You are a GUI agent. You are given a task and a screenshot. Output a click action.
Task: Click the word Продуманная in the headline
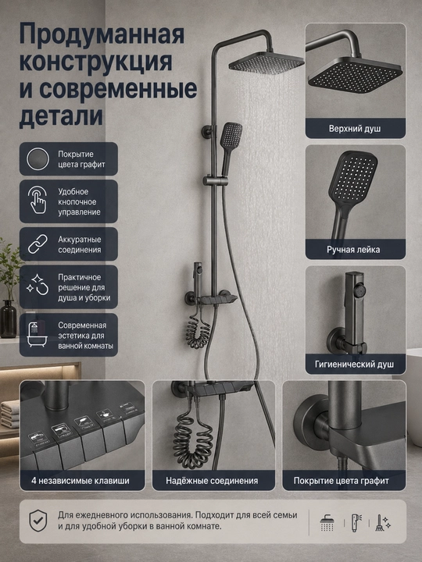102,34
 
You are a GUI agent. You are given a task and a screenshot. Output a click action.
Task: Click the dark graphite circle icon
38,158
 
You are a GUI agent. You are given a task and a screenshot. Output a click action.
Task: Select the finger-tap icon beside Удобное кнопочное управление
38,200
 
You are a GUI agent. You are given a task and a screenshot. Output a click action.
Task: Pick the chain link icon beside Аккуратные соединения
38,244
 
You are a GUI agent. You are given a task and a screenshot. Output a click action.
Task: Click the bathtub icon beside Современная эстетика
38,335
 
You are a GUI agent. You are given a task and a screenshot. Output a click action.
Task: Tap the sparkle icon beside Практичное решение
38,285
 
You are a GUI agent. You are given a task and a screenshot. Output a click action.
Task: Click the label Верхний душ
355,129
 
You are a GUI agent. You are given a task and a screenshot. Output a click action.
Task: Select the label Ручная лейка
353,250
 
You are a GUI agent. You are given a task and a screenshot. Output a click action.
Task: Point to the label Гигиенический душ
354,365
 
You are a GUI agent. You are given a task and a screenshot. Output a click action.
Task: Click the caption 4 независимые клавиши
80,481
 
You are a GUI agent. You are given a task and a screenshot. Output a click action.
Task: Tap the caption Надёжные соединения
212,481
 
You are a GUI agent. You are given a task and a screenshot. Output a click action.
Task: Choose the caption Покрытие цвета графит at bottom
341,481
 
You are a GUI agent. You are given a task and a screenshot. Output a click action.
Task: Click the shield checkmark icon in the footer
38,521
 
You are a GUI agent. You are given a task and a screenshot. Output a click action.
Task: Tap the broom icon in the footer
382,522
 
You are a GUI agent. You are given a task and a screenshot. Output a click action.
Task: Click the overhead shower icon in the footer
327,523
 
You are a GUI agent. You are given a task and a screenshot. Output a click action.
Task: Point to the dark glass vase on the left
9,318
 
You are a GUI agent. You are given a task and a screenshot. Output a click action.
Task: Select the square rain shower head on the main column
266,62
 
